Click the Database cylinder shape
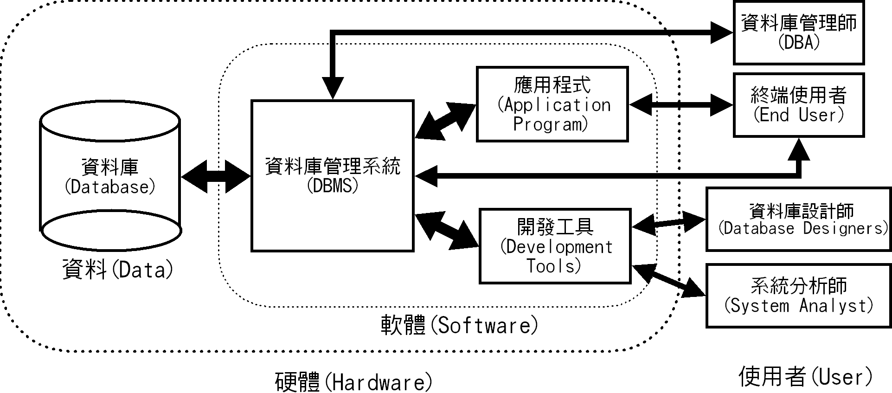coord(110,176)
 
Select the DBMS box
coord(332,176)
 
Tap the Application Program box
coord(552,104)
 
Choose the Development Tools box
coord(555,246)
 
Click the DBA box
coord(798,32)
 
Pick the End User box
coord(798,105)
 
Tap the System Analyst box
coord(798,296)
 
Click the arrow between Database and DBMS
coord(216,176)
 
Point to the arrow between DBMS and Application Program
coord(445,122)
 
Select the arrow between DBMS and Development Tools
coord(446,230)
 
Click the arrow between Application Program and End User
coord(680,105)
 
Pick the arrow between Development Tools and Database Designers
coord(668,223)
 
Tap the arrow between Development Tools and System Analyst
coord(668,280)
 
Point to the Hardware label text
coord(353,382)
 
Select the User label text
coord(806,376)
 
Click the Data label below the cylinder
coord(118,270)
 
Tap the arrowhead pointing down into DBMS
coord(333,87)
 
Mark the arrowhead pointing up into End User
coord(798,149)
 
